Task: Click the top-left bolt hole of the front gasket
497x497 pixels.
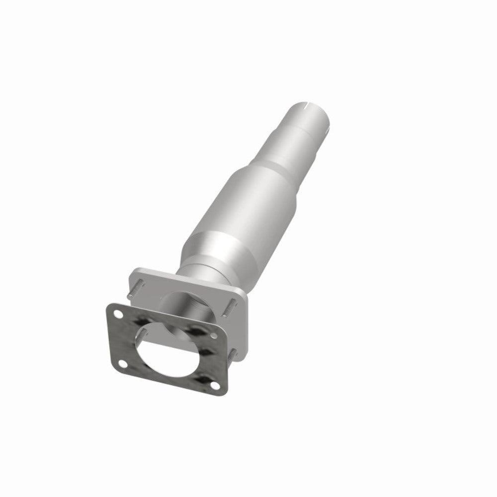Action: pyautogui.click(x=118, y=313)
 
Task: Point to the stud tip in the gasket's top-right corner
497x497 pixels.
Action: pyautogui.click(x=215, y=337)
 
